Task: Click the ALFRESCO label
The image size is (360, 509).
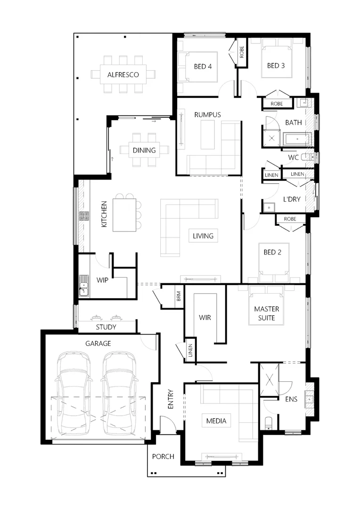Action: pyautogui.click(x=123, y=74)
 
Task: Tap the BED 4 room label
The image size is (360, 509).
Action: pyautogui.click(x=203, y=66)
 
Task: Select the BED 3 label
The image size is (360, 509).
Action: pyautogui.click(x=276, y=66)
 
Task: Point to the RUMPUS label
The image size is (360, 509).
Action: pyautogui.click(x=207, y=115)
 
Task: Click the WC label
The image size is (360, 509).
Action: pyautogui.click(x=294, y=157)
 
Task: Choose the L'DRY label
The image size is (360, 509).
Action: pyautogui.click(x=292, y=199)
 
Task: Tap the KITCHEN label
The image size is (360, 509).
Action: pyautogui.click(x=104, y=214)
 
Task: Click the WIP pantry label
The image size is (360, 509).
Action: pyautogui.click(x=102, y=280)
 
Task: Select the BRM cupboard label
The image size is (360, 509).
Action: pyautogui.click(x=179, y=296)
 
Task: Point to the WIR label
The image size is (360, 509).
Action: pyautogui.click(x=205, y=318)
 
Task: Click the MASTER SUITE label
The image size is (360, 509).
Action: pyautogui.click(x=267, y=313)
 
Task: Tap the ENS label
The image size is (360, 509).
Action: pyautogui.click(x=291, y=399)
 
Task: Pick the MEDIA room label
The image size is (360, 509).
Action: pyautogui.click(x=216, y=421)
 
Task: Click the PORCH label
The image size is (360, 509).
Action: pyautogui.click(x=163, y=456)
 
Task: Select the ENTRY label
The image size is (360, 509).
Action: pyautogui.click(x=171, y=399)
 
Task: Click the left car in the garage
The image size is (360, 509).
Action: pyautogui.click(x=74, y=394)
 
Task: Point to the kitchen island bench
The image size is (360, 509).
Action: pyautogui.click(x=124, y=215)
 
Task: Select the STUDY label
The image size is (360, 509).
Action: pyautogui.click(x=106, y=327)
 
